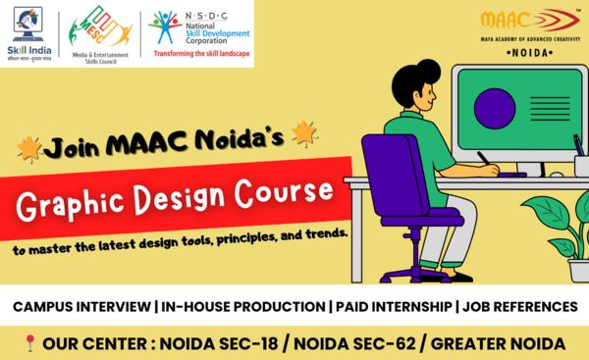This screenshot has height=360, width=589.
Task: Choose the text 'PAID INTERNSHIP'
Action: tap(393, 307)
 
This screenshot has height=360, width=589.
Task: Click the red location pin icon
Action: tap(30, 343)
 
